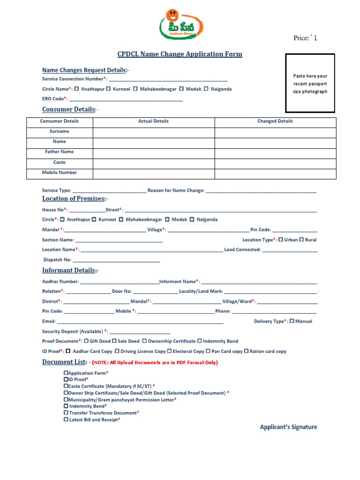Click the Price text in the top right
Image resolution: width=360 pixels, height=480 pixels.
pos(305,38)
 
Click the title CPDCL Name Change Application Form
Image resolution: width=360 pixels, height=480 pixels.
pos(180,54)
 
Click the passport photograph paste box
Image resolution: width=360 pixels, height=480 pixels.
pos(310,83)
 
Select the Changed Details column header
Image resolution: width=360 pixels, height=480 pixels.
pos(275,121)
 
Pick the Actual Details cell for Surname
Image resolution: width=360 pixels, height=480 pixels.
pos(154,132)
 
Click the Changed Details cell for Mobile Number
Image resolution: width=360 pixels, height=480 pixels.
pos(275,173)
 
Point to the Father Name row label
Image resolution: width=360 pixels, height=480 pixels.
pos(60,152)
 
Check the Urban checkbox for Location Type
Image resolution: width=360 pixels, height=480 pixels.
pos(281,240)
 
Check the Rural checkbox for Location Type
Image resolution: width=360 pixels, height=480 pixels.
pos(301,240)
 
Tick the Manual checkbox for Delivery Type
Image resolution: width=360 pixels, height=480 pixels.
pos(292,321)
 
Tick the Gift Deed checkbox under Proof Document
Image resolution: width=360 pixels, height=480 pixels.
pos(86,341)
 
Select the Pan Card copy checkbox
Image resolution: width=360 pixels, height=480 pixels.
pos(208,351)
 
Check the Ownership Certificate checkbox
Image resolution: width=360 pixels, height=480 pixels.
pos(144,341)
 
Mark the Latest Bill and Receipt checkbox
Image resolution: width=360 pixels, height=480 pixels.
pos(66,420)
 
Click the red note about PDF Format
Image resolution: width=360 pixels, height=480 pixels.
pos(155,362)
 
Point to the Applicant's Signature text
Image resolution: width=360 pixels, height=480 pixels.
pos(288,427)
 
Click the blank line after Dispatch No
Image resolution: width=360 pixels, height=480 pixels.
pos(116,260)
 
